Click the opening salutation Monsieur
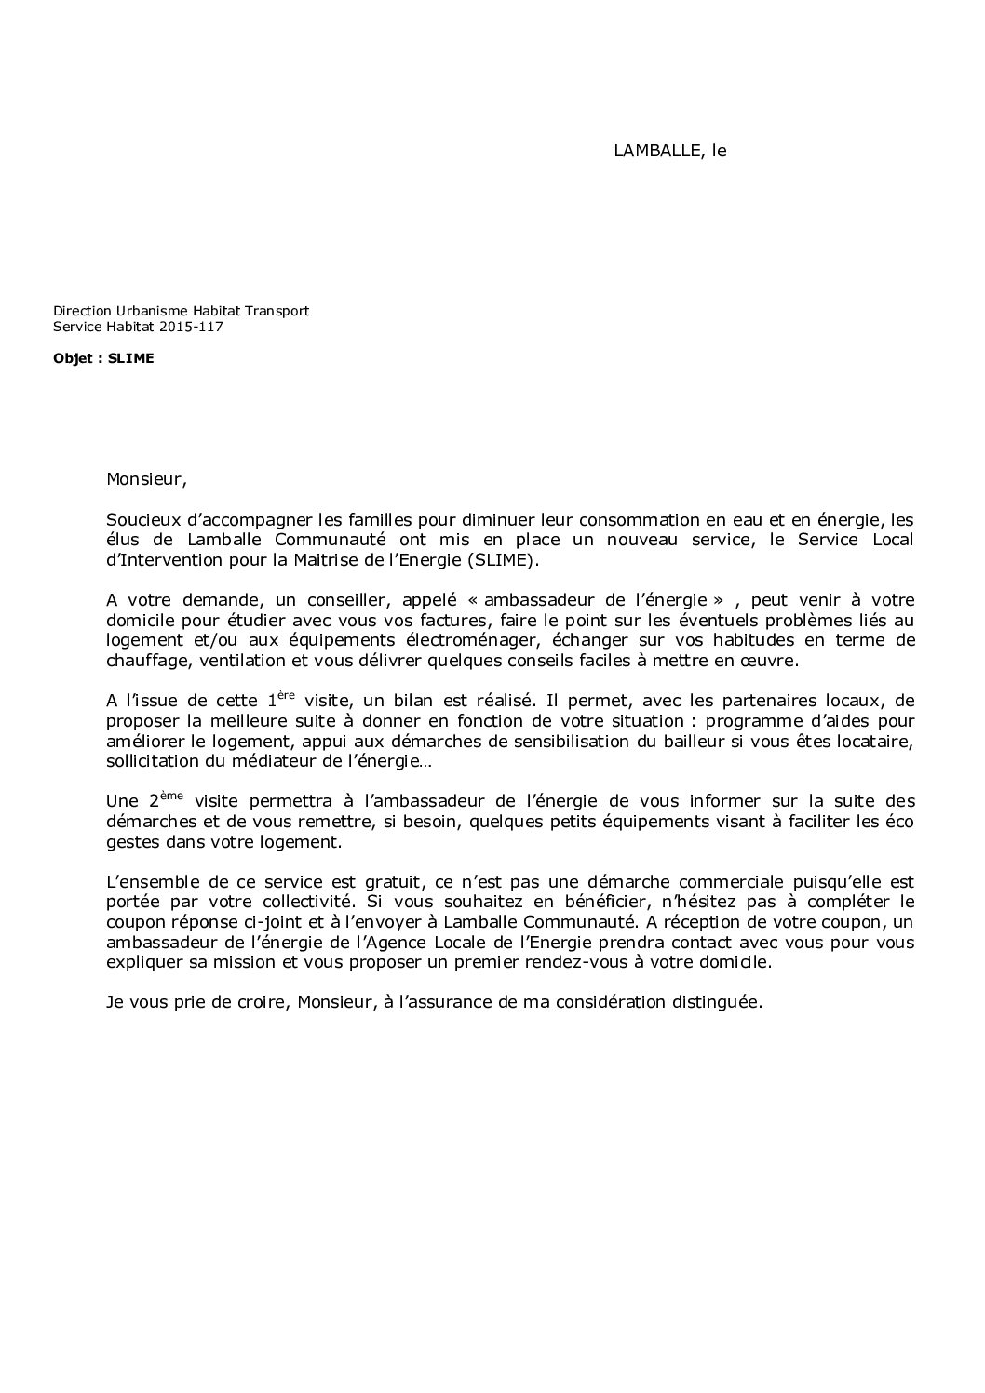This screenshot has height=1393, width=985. click(x=145, y=481)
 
